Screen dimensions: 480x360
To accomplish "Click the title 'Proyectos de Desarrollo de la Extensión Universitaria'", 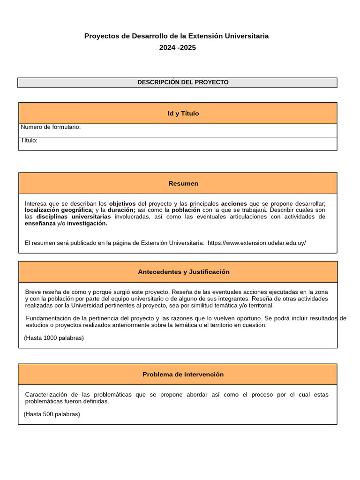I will (176, 36).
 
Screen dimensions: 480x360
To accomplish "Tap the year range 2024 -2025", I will (177, 47).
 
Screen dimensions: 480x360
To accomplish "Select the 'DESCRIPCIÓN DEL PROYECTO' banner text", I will (183, 82).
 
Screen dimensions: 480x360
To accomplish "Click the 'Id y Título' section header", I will (183, 113).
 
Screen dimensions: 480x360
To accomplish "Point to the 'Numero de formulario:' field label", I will (51, 127).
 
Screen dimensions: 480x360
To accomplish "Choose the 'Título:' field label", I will (29, 140).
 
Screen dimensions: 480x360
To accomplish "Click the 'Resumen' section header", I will (183, 183).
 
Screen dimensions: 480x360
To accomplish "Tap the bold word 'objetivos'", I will (122, 204).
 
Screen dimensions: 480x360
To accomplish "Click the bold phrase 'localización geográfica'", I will (58, 210).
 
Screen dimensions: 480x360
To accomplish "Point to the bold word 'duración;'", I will (121, 210).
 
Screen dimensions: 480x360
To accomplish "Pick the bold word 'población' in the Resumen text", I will (186, 210).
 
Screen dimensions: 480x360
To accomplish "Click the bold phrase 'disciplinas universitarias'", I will (74, 217).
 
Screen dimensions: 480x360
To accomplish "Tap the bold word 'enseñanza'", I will (40, 224).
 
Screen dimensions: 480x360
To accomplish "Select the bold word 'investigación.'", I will (87, 224).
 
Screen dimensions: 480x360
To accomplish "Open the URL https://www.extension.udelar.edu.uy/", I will (256, 243).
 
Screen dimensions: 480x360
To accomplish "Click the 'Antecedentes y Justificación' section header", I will (184, 272).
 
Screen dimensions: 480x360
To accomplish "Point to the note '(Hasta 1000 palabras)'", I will (54, 338).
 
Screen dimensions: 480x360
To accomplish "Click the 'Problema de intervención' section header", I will (183, 375).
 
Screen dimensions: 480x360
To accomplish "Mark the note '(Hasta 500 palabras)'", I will (52, 414).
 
